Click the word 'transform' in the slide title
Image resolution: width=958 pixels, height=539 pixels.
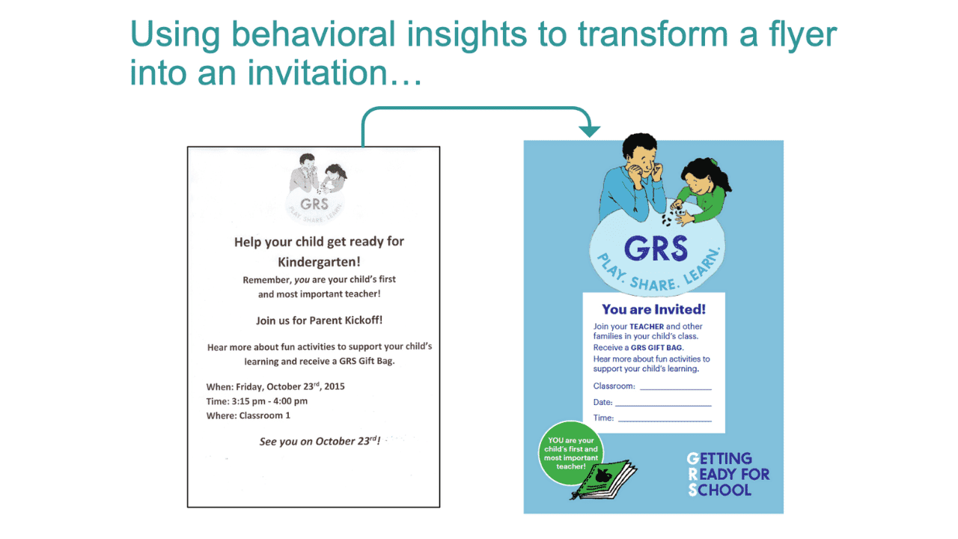(x=653, y=34)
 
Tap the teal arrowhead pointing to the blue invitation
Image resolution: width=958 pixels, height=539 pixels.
(x=589, y=131)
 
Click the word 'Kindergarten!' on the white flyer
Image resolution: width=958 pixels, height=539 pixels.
(x=319, y=262)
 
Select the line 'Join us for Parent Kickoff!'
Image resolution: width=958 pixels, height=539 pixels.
(x=319, y=320)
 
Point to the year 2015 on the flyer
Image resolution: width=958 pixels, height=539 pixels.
(x=335, y=386)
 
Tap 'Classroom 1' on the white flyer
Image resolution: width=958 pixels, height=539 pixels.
(x=264, y=415)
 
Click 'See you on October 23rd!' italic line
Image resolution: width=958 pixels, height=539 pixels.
(x=320, y=441)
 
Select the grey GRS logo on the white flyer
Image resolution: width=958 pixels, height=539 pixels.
(x=315, y=189)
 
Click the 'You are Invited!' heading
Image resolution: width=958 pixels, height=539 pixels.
(x=653, y=309)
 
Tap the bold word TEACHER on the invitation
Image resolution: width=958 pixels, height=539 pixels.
(x=647, y=326)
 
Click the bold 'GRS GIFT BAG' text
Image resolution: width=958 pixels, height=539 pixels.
(x=656, y=348)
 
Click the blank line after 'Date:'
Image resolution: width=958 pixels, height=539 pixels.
(x=663, y=406)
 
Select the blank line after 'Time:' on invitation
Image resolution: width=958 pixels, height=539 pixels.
(x=665, y=421)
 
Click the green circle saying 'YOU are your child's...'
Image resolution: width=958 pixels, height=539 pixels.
(x=571, y=453)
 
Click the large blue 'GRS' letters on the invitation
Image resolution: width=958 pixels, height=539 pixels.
(x=656, y=248)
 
